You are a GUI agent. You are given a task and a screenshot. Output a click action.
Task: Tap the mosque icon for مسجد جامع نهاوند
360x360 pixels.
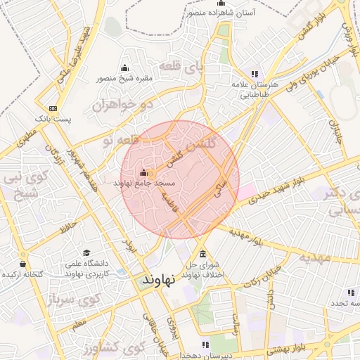[x=144, y=172]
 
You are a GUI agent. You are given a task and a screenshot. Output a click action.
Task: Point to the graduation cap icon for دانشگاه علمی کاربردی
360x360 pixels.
[x=86, y=253]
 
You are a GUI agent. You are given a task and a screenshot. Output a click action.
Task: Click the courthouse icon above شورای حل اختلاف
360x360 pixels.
[x=202, y=254]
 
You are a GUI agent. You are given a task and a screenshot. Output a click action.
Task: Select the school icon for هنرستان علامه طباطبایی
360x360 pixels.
[x=254, y=74]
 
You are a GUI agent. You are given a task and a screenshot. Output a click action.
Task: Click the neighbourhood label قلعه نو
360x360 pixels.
[x=115, y=141]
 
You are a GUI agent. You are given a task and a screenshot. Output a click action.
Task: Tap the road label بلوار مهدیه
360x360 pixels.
[x=245, y=237]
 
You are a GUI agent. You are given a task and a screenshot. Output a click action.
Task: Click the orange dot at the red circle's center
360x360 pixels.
[x=151, y=173]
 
